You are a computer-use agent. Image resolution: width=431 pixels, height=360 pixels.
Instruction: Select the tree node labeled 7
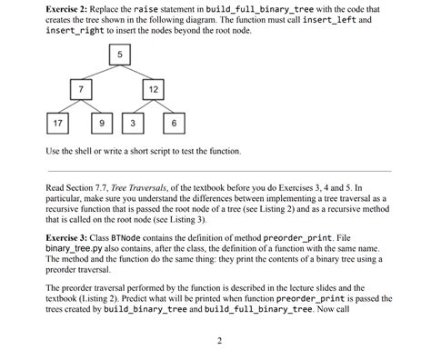[82, 89]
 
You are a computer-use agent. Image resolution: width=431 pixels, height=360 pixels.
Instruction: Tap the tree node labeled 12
[153, 89]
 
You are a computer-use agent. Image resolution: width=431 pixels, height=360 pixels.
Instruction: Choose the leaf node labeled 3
[133, 123]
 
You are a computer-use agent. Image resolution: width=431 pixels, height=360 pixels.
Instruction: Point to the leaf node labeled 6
[173, 123]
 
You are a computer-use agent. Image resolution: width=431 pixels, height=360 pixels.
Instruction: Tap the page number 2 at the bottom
[219, 341]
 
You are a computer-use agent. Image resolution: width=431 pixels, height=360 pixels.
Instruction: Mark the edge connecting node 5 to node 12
[136, 73]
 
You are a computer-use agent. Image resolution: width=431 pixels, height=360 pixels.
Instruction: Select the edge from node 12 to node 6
[163, 106]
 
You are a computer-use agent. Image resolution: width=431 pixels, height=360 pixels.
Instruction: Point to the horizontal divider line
[218, 168]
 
